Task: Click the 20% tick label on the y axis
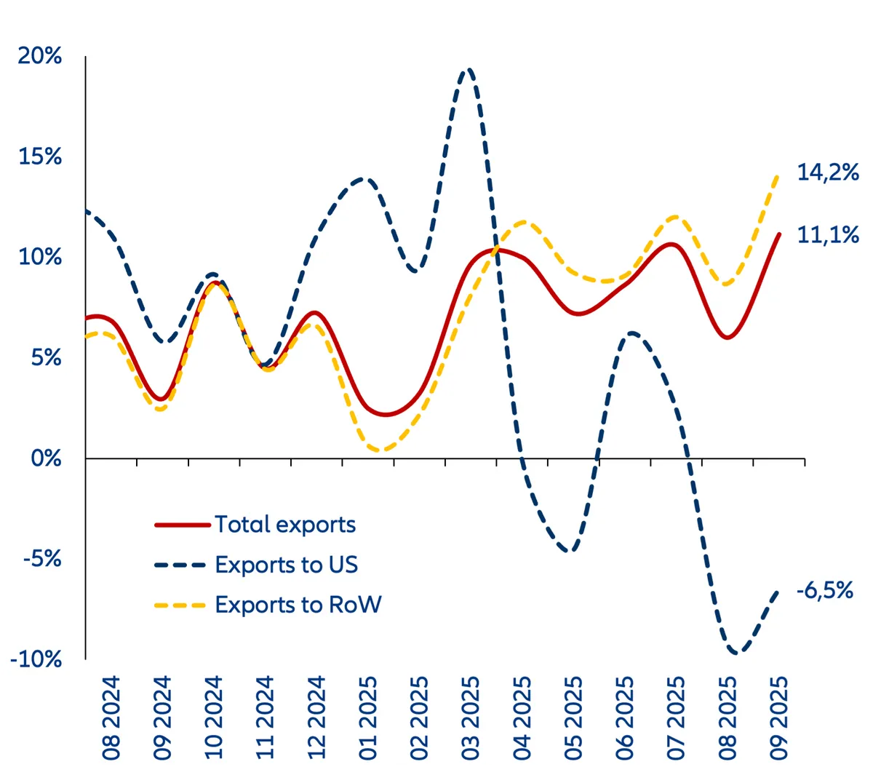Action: pyautogui.click(x=40, y=56)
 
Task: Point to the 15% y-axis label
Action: pyautogui.click(x=40, y=156)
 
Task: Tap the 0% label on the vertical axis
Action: pyautogui.click(x=47, y=458)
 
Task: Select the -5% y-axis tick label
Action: pyautogui.click(x=42, y=559)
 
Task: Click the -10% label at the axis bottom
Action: pyautogui.click(x=36, y=659)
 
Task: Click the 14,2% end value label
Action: pyautogui.click(x=828, y=173)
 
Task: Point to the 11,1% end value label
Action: pyautogui.click(x=828, y=235)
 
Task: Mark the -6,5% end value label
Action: pyautogui.click(x=824, y=590)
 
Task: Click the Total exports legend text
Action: pyautogui.click(x=285, y=525)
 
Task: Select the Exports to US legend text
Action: pyautogui.click(x=287, y=565)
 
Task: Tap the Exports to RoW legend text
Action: pyautogui.click(x=298, y=605)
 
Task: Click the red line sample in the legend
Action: pyautogui.click(x=182, y=525)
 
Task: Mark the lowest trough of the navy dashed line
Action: pyautogui.click(x=736, y=653)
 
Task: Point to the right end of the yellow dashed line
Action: pyautogui.click(x=778, y=175)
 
